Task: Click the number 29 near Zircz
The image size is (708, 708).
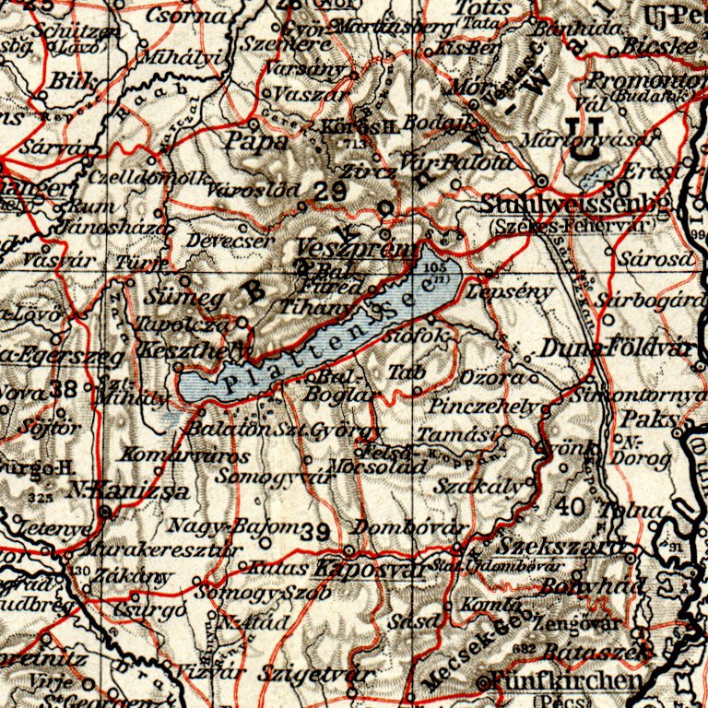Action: (329, 191)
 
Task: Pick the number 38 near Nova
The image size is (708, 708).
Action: (65, 388)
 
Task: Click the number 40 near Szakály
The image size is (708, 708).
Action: (572, 505)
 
